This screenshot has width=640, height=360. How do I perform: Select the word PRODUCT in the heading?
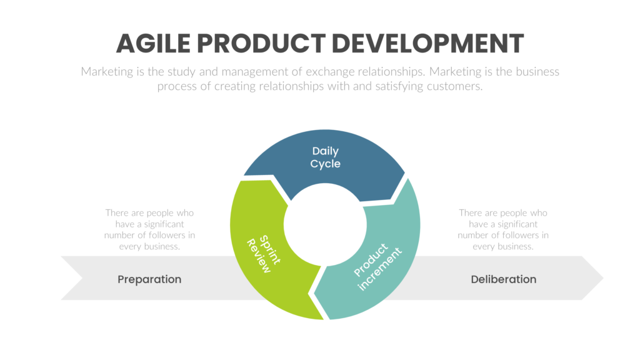(262, 43)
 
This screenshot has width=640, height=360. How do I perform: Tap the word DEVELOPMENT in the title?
(427, 43)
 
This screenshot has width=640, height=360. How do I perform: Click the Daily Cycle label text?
(326, 157)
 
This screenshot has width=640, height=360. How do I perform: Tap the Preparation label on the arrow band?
(149, 279)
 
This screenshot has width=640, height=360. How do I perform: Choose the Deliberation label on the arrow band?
(503, 279)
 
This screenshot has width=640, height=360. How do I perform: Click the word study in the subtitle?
(182, 72)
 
